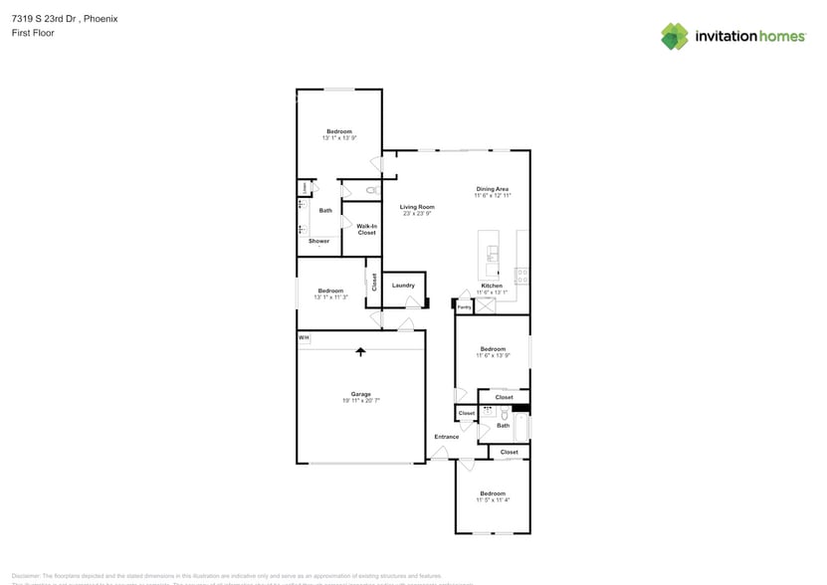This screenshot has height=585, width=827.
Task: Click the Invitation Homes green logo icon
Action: coord(675,36)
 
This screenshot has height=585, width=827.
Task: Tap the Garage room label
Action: coord(360,394)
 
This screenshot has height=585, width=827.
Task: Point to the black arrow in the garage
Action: coord(360,351)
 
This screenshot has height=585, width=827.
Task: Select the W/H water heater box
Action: coord(304,339)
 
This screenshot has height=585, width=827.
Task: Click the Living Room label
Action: coord(418,207)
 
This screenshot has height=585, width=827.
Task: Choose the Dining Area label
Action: coord(493,189)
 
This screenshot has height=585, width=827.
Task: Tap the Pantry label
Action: coord(464,307)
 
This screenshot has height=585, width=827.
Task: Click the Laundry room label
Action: coord(403,286)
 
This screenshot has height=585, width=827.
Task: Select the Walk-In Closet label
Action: coord(366,229)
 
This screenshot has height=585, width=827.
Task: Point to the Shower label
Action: coord(318,241)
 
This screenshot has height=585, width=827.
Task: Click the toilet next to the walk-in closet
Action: coord(371,189)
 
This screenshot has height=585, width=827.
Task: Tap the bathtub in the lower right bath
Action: coord(522,427)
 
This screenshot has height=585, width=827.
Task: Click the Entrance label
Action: coord(446,437)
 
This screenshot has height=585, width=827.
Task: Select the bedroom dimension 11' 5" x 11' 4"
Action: coord(493,500)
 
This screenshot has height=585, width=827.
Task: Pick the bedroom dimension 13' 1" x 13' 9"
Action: coord(339,138)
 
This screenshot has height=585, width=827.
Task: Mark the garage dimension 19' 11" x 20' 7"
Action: coord(360,401)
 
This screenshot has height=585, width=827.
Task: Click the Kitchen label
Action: coord(493,286)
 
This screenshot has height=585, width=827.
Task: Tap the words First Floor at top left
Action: coord(33,33)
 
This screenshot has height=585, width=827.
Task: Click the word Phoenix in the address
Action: coord(99,18)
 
